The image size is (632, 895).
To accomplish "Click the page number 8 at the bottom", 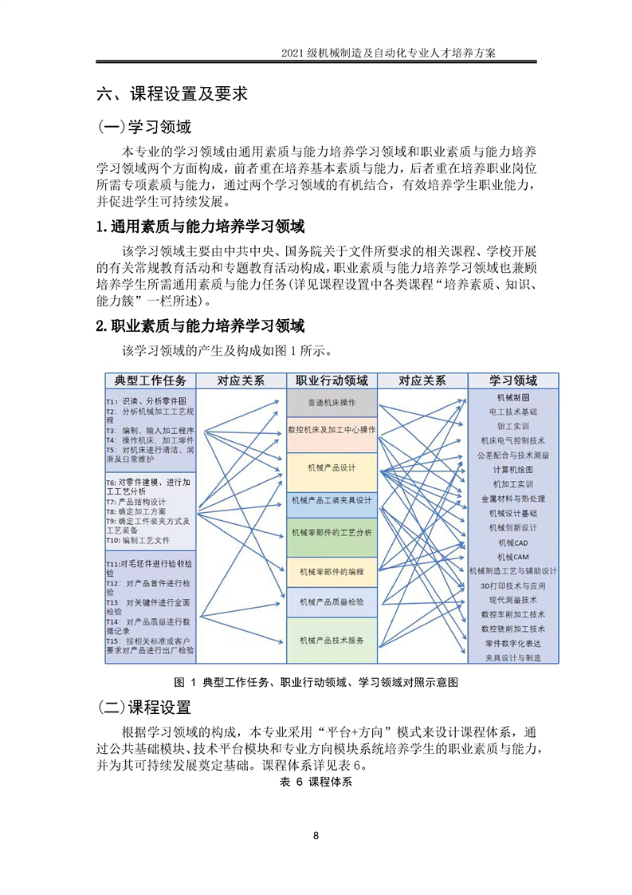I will (316, 836).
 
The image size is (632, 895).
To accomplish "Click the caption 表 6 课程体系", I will (316, 782).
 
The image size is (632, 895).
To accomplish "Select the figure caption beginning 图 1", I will (316, 682).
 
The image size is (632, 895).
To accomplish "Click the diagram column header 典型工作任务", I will (151, 380).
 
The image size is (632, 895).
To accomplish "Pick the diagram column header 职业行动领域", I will (332, 380).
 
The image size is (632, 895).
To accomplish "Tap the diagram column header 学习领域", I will (512, 380).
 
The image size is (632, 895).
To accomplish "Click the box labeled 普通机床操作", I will (332, 402).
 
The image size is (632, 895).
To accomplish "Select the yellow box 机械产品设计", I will (332, 467).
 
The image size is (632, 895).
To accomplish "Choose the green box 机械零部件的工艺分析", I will (332, 532).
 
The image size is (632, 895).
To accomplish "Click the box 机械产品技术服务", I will (332, 641).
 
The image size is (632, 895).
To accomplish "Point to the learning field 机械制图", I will (512, 397).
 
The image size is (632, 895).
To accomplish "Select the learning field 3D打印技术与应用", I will (512, 585).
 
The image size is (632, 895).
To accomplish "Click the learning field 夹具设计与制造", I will (512, 657).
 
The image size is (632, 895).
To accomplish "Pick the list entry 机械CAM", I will (512, 556).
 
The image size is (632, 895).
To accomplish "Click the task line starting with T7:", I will (135, 502).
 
